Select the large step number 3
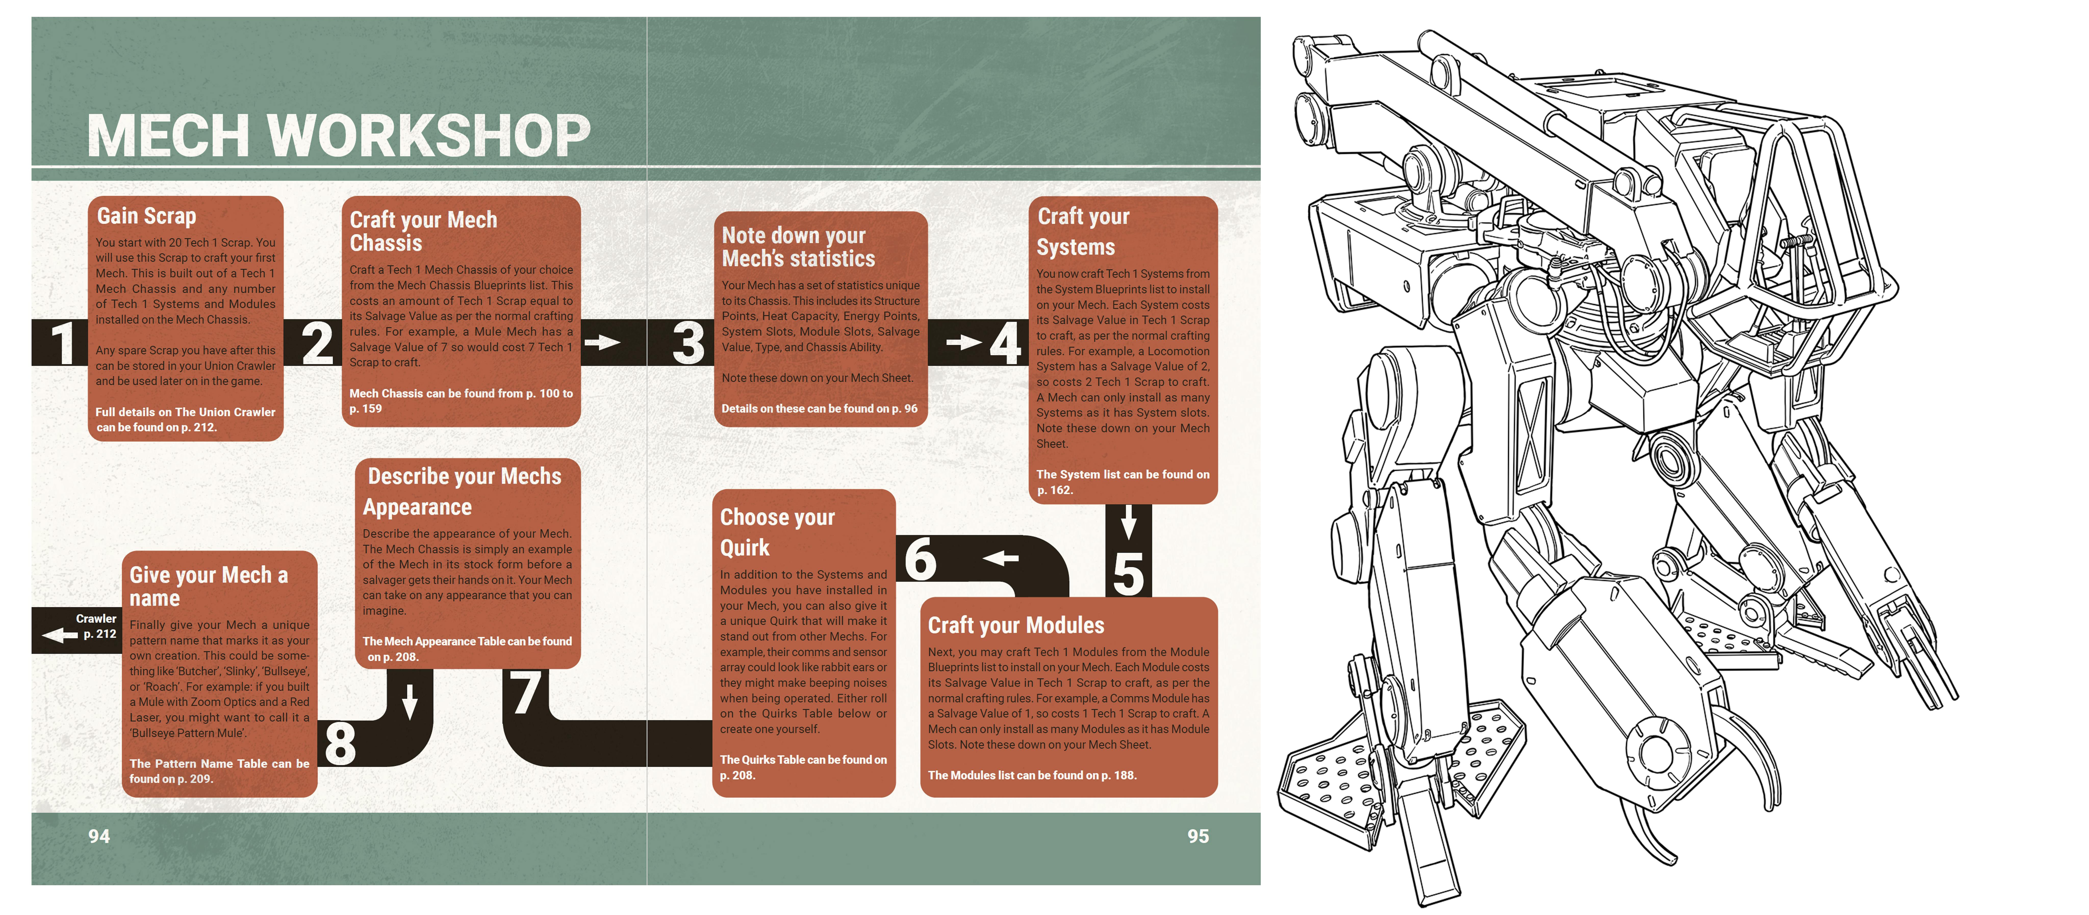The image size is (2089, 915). coord(689,343)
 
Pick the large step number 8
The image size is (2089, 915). coord(340,743)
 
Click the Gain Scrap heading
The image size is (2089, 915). coord(147,216)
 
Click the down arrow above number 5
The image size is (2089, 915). coord(1128,522)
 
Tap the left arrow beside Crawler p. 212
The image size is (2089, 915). coord(59,635)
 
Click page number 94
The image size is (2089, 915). coord(99,836)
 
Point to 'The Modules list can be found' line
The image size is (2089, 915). coord(1031,776)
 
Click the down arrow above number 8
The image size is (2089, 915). coord(410,701)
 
